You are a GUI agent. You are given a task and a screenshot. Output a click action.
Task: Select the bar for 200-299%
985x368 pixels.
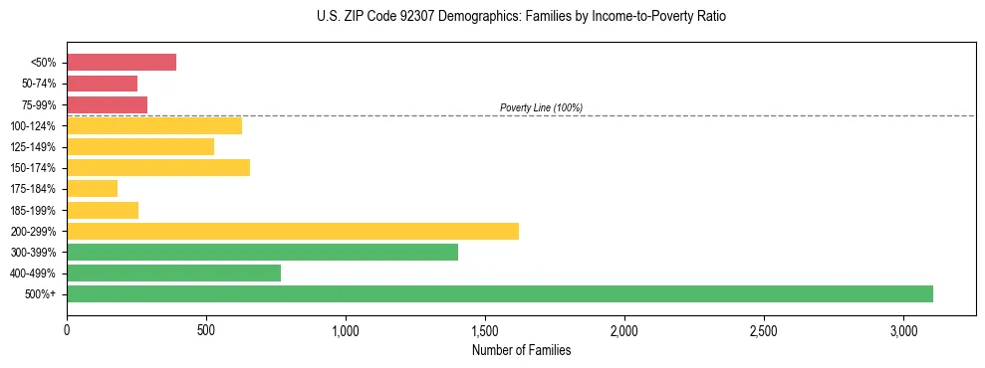pyautogui.click(x=293, y=231)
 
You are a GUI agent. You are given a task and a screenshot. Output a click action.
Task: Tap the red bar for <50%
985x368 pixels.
pyautogui.click(x=122, y=63)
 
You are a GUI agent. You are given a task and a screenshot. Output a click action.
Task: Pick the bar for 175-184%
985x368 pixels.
pyautogui.click(x=92, y=188)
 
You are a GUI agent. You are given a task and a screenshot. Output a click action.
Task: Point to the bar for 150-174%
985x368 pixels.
pyautogui.click(x=158, y=167)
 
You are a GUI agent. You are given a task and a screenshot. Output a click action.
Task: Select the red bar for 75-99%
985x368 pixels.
pyautogui.click(x=107, y=104)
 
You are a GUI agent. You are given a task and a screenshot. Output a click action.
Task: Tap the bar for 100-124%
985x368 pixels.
pyautogui.click(x=154, y=125)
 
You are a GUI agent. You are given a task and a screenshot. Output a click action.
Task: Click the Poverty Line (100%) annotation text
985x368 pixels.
pyautogui.click(x=541, y=107)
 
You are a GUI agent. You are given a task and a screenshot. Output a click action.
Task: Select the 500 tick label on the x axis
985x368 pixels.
pyautogui.click(x=206, y=330)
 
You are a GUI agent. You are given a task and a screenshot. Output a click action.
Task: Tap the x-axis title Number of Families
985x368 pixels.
pyautogui.click(x=521, y=350)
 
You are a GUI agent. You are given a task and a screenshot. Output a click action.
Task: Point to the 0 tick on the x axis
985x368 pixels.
pyautogui.click(x=67, y=330)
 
